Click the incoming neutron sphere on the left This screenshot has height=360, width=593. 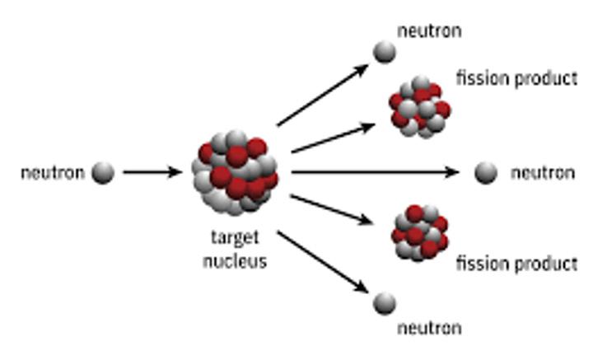point(103,173)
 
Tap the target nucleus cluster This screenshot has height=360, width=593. point(236,171)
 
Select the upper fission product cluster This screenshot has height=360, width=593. point(419,106)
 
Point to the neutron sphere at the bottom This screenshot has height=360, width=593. point(384,303)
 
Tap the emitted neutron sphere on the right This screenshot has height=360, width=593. point(487,173)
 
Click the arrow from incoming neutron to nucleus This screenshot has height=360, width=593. point(152,173)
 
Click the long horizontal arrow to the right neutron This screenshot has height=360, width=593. point(375,173)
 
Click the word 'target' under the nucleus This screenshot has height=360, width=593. point(235,238)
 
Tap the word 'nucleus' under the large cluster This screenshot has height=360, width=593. point(236,263)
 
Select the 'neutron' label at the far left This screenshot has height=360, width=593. point(52,173)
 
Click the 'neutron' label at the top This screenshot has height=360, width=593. point(429,31)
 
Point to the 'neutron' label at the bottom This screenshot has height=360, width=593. point(429,328)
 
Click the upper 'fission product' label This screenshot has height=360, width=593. point(516,79)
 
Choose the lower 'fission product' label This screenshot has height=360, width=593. point(516,264)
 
